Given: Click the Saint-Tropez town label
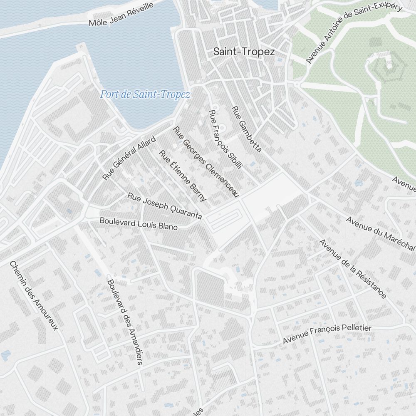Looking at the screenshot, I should [x=244, y=52].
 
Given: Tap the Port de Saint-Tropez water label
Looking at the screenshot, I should [x=145, y=95].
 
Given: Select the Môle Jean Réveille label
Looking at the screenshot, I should [x=121, y=14].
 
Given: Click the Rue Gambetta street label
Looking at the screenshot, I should [x=246, y=129].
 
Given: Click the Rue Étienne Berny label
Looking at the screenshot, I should [x=183, y=176].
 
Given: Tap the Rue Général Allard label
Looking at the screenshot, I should [x=129, y=158].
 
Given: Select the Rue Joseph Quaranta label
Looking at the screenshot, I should [x=165, y=206].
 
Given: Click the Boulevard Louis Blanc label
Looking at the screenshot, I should [x=139, y=223].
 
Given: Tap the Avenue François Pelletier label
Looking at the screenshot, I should [x=327, y=334].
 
